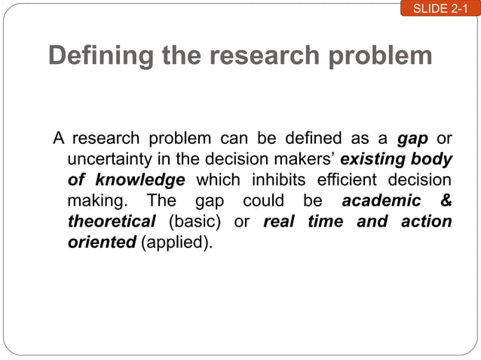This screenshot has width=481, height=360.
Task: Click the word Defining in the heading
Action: [103, 56]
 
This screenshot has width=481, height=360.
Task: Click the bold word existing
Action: [373, 160]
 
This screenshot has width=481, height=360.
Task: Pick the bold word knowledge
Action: [141, 181]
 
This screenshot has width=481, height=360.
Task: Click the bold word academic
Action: [382, 202]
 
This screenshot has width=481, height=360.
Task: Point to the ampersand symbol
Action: [445, 202]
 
